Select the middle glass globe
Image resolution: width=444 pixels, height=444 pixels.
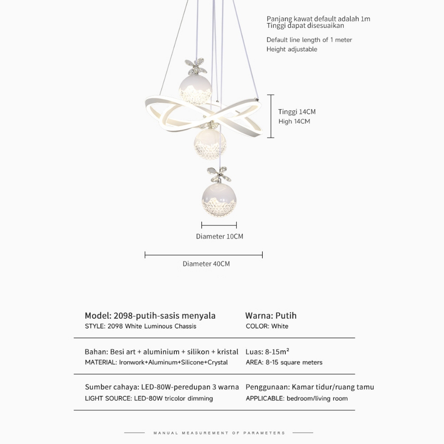pyautogui.click(x=210, y=143)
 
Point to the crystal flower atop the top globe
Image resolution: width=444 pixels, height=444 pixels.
pyautogui.click(x=196, y=67)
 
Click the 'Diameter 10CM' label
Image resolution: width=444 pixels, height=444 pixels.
pyautogui.click(x=219, y=236)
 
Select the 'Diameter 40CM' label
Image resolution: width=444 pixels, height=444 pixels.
pyautogui.click(x=206, y=264)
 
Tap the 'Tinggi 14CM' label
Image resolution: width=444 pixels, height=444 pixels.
pyautogui.click(x=297, y=112)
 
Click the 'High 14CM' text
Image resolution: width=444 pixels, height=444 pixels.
pyautogui.click(x=294, y=121)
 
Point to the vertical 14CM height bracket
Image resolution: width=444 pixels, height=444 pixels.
pyautogui.click(x=271, y=116)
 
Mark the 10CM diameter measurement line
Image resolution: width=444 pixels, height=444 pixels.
pyautogui.click(x=219, y=225)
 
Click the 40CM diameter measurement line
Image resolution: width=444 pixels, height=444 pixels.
pyautogui.click(x=203, y=255)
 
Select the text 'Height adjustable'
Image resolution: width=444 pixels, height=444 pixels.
pyautogui.click(x=291, y=49)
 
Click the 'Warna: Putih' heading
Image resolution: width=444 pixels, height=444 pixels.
pyautogui.click(x=271, y=315)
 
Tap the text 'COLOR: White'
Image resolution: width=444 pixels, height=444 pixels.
pyautogui.click(x=267, y=326)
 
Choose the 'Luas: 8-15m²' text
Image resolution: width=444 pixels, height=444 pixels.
pyautogui.click(x=267, y=351)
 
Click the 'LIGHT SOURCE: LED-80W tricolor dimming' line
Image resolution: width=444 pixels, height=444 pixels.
pyautogui.click(x=149, y=398)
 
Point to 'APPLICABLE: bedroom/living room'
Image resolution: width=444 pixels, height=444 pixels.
pyautogui.click(x=297, y=398)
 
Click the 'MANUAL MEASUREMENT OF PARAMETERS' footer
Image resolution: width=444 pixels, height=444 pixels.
pyautogui.click(x=219, y=433)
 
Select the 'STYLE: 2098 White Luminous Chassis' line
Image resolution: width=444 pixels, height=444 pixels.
pyautogui.click(x=140, y=326)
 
